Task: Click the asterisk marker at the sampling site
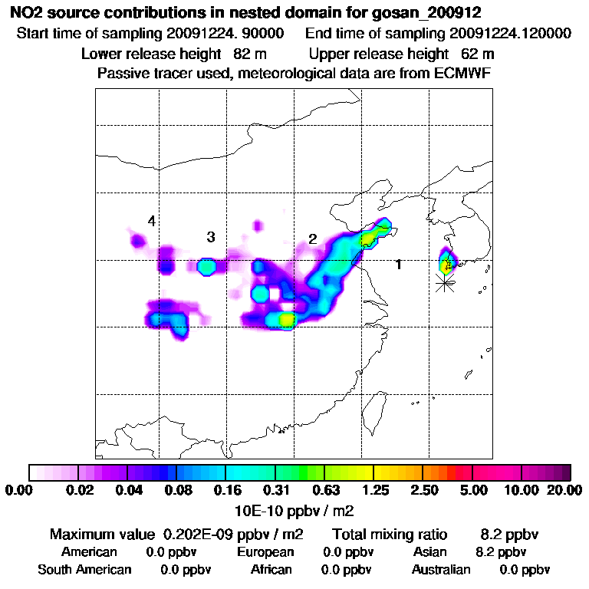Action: point(444,283)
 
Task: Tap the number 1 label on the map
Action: point(398,265)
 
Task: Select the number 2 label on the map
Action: point(313,239)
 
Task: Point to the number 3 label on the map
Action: point(210,237)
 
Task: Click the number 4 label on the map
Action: point(152,222)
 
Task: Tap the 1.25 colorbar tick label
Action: point(373,490)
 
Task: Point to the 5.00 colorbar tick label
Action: point(473,490)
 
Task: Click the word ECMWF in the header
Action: point(464,73)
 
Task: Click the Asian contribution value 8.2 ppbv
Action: point(501,552)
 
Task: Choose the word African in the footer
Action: point(271,570)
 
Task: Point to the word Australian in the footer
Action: point(441,570)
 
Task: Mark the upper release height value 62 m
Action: point(478,54)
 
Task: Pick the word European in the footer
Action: point(265,552)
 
